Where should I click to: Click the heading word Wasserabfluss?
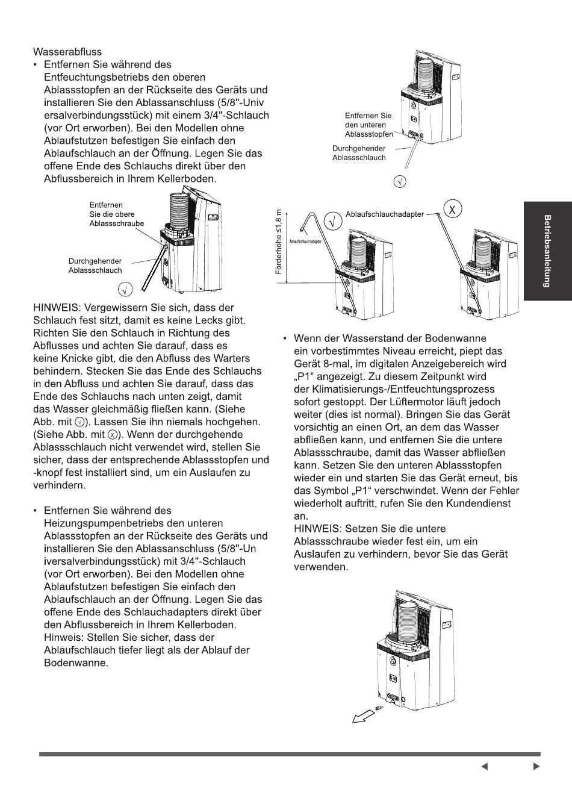67,52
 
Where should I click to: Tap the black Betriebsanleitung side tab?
548,251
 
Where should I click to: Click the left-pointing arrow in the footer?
485,766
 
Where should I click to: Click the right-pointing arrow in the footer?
536,766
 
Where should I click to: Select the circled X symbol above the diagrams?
452,209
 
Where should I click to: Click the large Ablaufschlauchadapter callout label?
385,214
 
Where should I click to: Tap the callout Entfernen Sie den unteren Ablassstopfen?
369,125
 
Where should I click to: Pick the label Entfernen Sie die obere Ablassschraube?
116,214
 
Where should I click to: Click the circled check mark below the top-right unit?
400,181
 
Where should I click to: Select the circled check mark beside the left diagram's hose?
125,290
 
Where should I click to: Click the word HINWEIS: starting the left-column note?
56,308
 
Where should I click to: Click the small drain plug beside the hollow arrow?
379,708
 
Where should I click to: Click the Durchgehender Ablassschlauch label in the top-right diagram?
359,153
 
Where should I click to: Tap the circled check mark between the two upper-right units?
332,221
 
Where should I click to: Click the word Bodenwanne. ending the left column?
76,663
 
